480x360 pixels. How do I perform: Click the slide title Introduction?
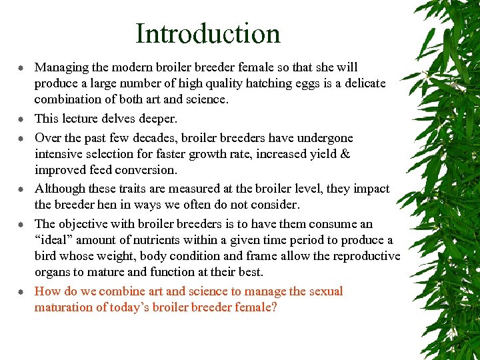coord(207,33)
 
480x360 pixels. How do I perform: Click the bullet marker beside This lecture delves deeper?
coord(21,119)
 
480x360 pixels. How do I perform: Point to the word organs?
coord(53,272)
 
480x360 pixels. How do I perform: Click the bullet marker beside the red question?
coord(21,292)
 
